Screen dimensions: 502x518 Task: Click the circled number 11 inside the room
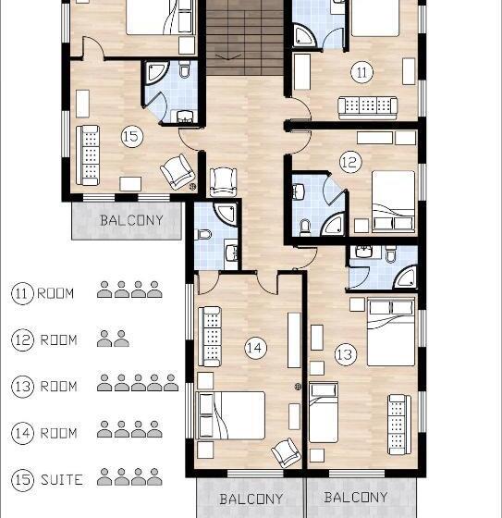pos(362,72)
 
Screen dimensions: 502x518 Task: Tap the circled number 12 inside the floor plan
pos(350,162)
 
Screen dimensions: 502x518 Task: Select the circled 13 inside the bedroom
pos(346,354)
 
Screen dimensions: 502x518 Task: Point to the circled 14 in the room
pos(256,348)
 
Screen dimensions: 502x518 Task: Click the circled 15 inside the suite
pos(132,136)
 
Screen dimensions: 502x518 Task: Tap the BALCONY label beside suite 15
pos(132,220)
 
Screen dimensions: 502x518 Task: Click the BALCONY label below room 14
pos(251,499)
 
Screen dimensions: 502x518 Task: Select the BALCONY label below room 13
pos(356,497)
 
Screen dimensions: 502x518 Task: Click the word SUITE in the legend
pos(62,480)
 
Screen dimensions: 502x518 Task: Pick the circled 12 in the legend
pos(22,339)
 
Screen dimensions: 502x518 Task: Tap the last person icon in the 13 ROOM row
pos(171,383)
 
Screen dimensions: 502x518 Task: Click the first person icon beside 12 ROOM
pos(104,339)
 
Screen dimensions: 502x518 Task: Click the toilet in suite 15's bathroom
pos(184,68)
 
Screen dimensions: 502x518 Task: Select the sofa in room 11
pos(368,108)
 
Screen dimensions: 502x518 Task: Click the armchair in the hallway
pos(223,182)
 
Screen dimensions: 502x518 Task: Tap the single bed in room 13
pos(324,413)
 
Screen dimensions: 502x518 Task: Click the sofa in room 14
pos(210,337)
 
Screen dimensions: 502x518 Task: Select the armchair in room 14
pos(286,452)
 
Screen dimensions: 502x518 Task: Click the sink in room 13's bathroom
pos(364,252)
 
